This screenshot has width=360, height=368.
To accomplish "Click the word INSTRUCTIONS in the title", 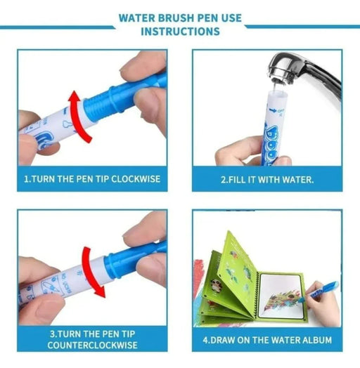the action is pos(180,32).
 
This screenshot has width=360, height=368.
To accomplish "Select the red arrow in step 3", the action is pos(91,272).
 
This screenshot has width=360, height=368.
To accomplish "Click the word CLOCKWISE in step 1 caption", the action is pos(136,179).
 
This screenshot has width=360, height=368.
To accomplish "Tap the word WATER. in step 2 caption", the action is pos(298,180).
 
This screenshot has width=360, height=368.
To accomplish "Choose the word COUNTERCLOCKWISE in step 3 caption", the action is pos(92,345).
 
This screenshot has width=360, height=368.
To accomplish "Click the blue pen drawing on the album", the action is pos(320,290).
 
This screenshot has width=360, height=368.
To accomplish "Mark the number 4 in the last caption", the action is pos(205,341).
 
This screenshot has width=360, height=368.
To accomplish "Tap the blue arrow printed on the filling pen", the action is pos(273,110).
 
